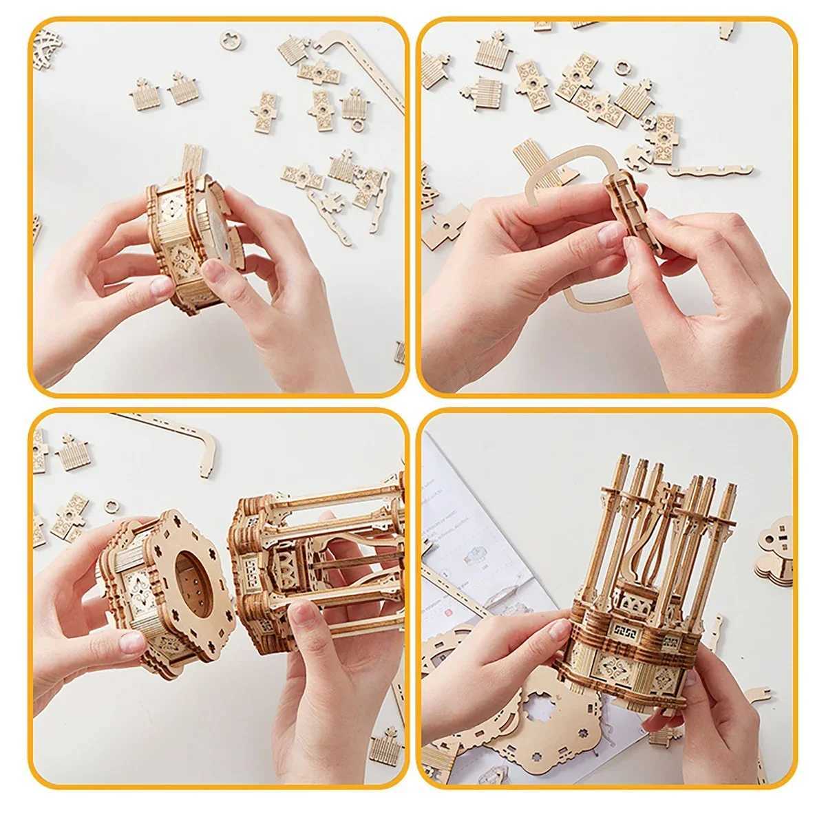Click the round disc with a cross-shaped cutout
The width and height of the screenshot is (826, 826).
231,40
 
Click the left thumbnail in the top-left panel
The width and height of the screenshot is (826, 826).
162,286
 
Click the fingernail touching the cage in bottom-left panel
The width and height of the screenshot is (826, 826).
304,611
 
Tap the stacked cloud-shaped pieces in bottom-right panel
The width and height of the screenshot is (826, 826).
775,551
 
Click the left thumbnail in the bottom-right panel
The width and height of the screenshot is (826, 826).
558,629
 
